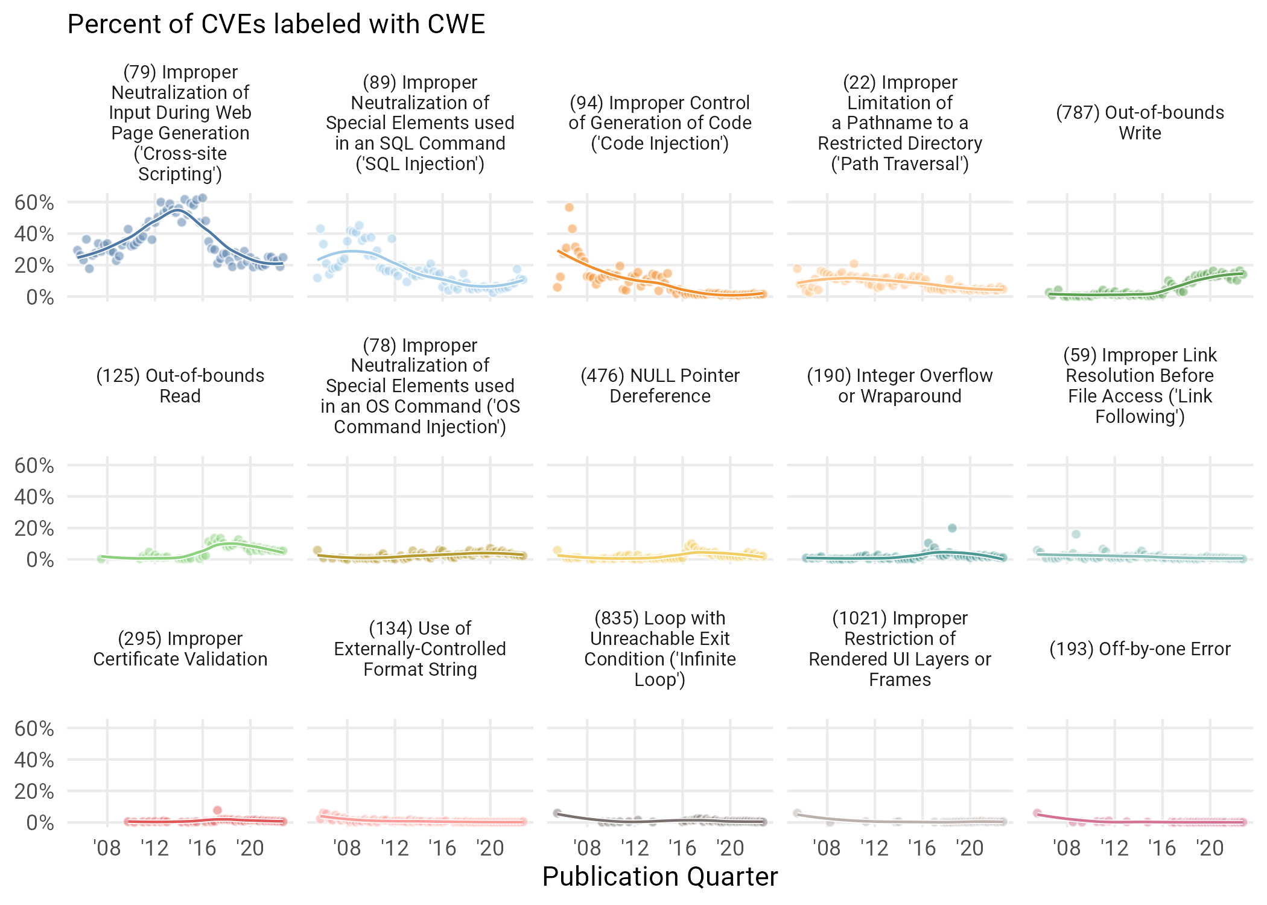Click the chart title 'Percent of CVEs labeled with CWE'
tap(276, 25)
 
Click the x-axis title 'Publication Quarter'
tap(659, 877)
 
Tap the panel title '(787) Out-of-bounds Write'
tap(1140, 122)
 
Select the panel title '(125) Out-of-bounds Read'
tap(180, 386)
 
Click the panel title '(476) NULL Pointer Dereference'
tap(659, 386)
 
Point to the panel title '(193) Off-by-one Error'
tap(1140, 649)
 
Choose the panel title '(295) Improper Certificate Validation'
tap(180, 649)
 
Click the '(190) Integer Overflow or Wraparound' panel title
tap(900, 386)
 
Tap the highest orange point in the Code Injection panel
tap(569, 208)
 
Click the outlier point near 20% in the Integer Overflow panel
tap(952, 528)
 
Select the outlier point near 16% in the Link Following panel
tap(1076, 534)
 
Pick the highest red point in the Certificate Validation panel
tap(217, 810)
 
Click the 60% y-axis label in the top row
tap(34, 203)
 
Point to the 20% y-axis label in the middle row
tap(34, 529)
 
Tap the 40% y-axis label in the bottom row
tap(34, 760)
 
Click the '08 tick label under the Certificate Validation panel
tap(107, 848)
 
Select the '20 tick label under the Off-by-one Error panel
tap(1210, 848)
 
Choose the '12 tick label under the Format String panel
tap(395, 848)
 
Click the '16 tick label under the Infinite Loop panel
tap(682, 848)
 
